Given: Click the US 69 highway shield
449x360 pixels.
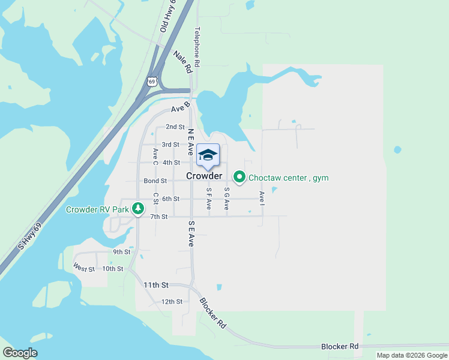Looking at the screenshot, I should point(152,80).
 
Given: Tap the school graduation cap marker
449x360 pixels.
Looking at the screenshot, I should point(208,155).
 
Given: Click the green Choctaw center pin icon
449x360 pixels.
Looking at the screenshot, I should point(240,177).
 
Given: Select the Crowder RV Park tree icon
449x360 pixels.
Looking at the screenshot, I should point(139,209).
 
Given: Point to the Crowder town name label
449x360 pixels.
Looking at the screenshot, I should point(204,176).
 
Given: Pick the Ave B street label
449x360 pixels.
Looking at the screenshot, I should point(180,109).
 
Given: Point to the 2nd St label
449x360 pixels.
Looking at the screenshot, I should point(175,127).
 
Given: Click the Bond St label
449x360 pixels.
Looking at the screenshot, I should point(155,181).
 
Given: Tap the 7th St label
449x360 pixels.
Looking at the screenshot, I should point(158,217).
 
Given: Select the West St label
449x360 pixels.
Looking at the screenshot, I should point(84,268).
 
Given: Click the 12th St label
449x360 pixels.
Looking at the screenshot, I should point(172,301).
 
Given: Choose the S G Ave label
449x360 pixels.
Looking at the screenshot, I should point(227,199).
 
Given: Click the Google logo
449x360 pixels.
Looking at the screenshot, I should point(20,353).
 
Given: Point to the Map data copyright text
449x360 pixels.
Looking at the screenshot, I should point(411,355).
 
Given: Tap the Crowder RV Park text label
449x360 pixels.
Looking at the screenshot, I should point(97,210).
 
